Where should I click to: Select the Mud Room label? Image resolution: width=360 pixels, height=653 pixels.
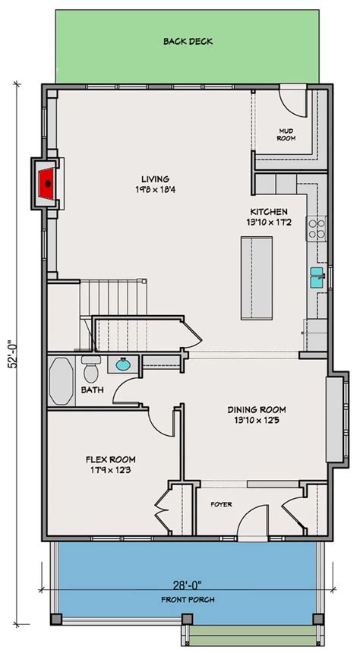(x=285, y=134)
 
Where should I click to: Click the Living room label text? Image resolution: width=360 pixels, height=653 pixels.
(x=154, y=179)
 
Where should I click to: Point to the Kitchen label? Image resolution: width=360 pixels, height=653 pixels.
(x=270, y=211)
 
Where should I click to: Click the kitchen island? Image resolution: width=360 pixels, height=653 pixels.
(x=256, y=278)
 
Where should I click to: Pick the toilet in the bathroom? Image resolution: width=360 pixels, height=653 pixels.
(x=91, y=371)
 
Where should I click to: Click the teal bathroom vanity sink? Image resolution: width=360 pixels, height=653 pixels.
(x=122, y=365)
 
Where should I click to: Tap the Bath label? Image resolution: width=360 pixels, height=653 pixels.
(x=92, y=391)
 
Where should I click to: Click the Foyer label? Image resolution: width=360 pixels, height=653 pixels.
(x=221, y=504)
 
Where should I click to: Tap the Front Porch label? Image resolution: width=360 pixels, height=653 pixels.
(x=188, y=600)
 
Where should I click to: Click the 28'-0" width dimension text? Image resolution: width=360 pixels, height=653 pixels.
(x=188, y=586)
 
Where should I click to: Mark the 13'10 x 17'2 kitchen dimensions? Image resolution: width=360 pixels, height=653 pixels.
(x=270, y=223)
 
